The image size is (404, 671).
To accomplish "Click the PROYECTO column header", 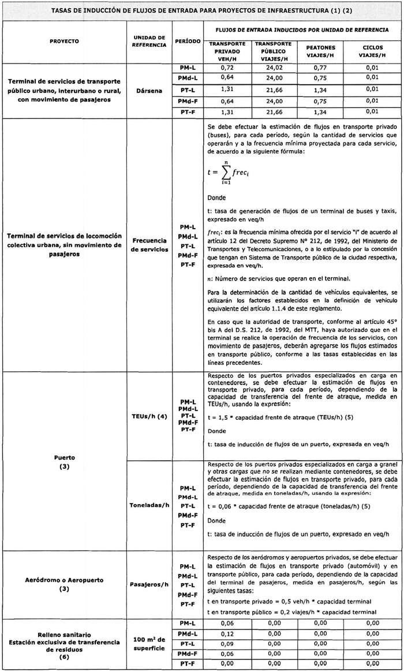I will (64, 42).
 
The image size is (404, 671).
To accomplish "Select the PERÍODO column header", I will (188, 42).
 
